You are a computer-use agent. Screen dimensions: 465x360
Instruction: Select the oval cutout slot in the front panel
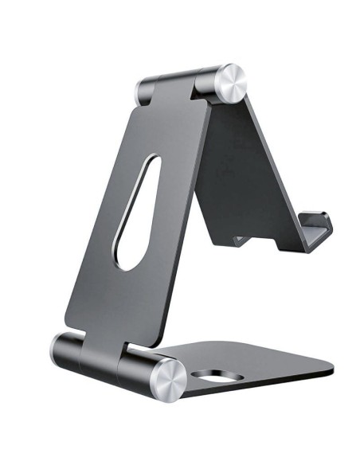(x=137, y=211)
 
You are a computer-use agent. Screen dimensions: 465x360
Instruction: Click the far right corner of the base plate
(x=332, y=371)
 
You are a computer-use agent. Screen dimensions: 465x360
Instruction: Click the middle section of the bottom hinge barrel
(x=119, y=362)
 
